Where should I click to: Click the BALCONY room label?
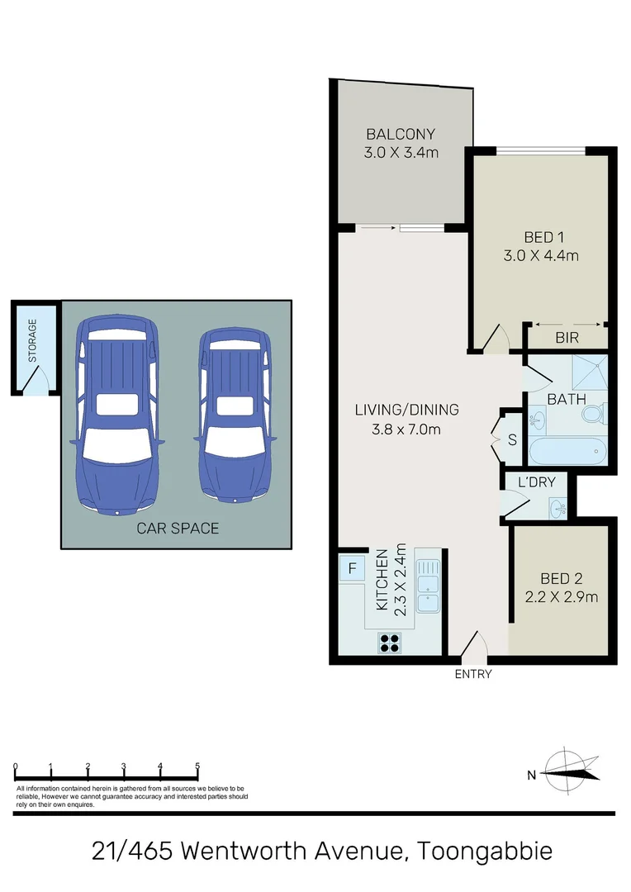pyautogui.click(x=401, y=134)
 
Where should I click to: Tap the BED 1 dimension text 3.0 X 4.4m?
pyautogui.click(x=540, y=255)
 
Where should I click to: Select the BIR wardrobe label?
pyautogui.click(x=566, y=337)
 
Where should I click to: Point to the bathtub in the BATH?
pyautogui.click(x=567, y=453)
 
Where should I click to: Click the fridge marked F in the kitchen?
pyautogui.click(x=352, y=568)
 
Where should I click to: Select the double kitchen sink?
pyautogui.click(x=427, y=586)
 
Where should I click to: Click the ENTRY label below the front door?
pyautogui.click(x=473, y=674)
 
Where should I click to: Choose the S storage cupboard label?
pyautogui.click(x=511, y=439)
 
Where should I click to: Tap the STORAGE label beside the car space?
pyautogui.click(x=33, y=340)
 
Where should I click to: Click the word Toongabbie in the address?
pyautogui.click(x=485, y=851)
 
